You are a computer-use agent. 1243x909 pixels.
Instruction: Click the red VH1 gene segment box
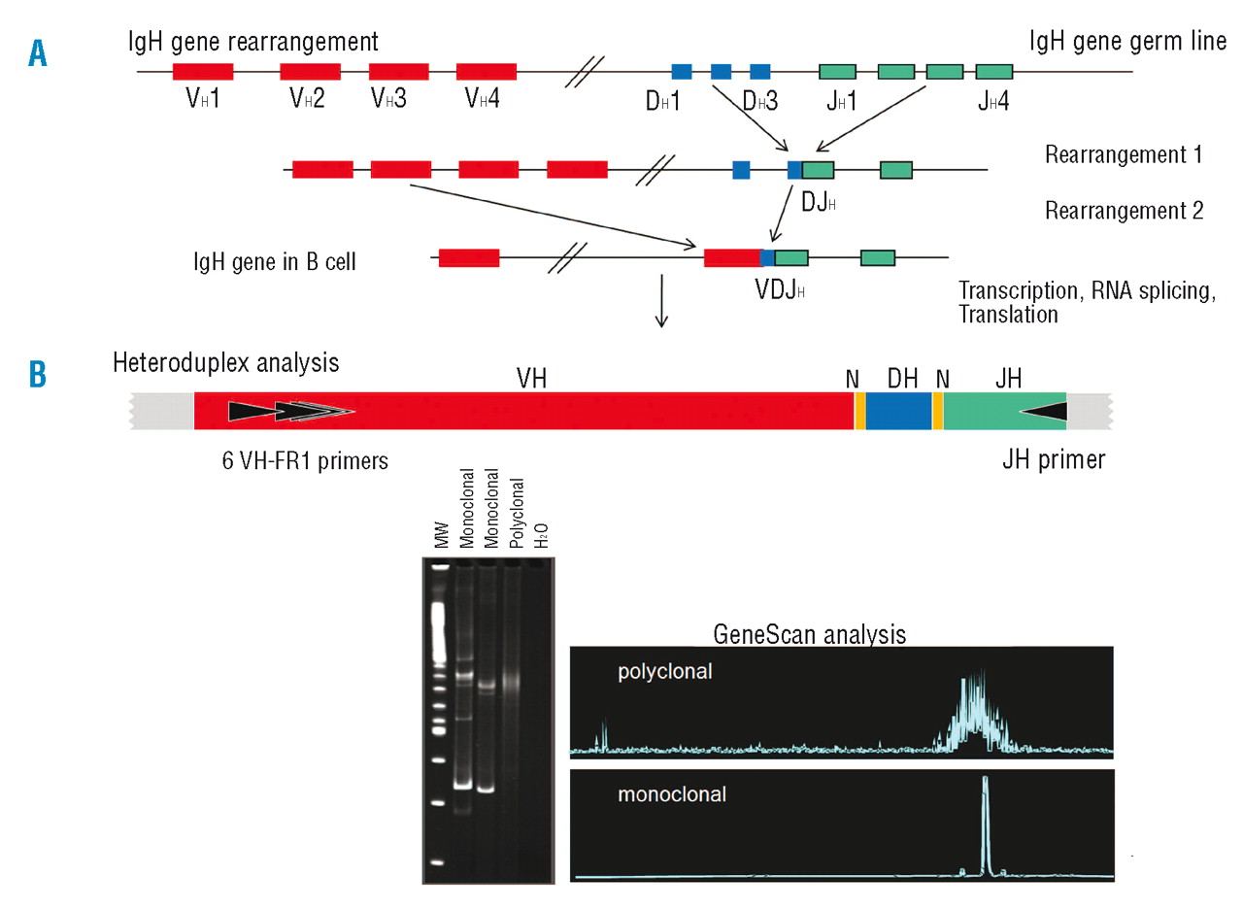point(203,71)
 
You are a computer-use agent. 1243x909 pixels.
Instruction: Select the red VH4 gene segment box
point(486,71)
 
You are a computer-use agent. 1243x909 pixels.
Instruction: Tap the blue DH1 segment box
point(682,71)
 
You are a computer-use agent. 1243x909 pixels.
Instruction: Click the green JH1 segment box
point(837,71)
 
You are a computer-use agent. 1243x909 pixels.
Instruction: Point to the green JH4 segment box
point(993,71)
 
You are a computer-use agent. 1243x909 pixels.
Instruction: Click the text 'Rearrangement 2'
point(1124,210)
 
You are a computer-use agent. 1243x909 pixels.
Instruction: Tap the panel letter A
point(37,53)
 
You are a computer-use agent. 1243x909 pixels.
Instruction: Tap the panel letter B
point(37,374)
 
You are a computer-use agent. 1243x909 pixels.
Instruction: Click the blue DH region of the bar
point(898,411)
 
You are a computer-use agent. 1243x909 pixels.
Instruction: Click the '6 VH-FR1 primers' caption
point(305,461)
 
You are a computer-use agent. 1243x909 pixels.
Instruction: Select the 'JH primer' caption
point(1054,459)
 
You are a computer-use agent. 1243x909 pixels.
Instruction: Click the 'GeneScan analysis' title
point(809,634)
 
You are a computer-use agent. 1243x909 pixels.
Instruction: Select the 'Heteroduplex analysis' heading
point(225,363)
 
